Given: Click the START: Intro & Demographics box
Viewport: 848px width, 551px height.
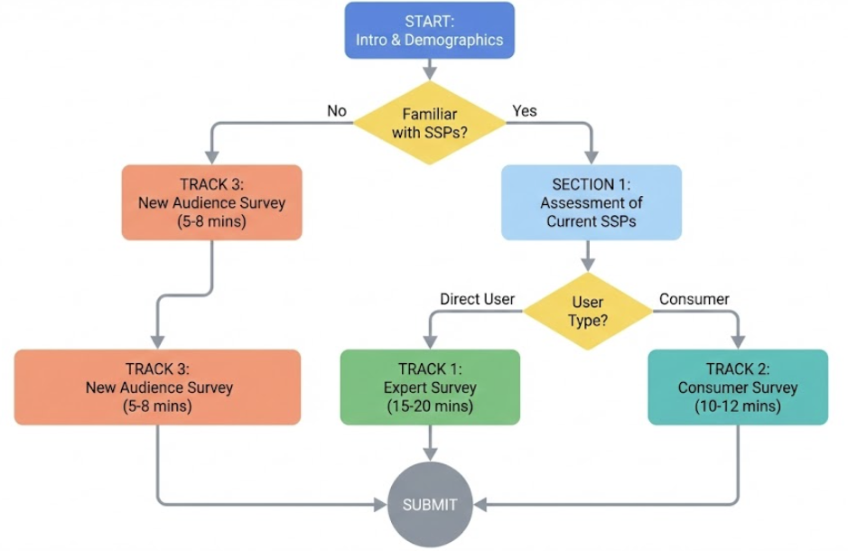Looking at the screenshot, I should [x=429, y=30].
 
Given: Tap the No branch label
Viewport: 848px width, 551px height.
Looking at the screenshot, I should [x=337, y=111].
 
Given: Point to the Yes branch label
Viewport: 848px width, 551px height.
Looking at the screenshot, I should [x=525, y=111].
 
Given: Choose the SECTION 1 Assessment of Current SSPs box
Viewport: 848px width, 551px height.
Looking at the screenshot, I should [x=591, y=202].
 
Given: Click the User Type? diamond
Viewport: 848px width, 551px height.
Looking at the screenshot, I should [x=588, y=311].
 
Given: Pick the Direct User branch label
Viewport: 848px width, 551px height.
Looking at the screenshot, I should [x=476, y=298].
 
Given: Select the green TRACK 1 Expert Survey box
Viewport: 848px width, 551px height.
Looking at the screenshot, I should [x=430, y=387].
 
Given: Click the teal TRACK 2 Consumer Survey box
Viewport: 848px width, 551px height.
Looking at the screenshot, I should [x=737, y=387].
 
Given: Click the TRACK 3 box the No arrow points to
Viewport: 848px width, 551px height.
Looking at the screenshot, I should [x=211, y=202].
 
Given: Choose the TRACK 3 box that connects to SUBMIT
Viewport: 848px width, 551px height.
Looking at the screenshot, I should [x=157, y=387].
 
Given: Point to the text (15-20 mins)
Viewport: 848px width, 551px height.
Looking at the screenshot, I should [x=430, y=406].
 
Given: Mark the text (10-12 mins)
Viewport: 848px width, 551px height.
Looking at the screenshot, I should [x=737, y=406].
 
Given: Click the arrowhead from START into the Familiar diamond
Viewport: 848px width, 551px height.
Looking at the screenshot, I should [x=429, y=71].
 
